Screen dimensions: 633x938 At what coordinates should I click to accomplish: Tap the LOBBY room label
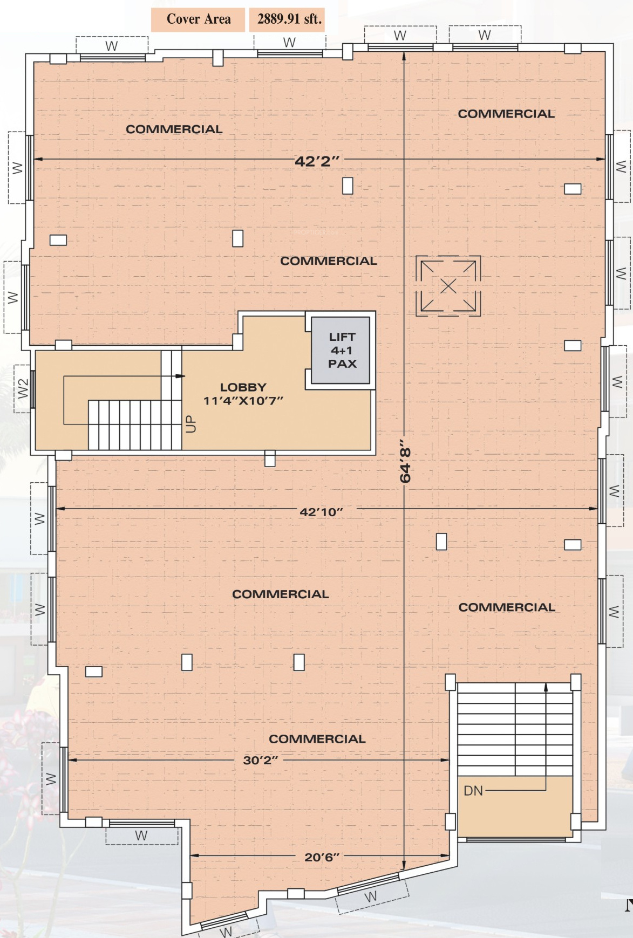(x=243, y=387)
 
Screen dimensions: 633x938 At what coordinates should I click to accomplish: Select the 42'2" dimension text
(x=317, y=161)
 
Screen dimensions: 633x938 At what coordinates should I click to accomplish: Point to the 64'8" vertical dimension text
(x=405, y=465)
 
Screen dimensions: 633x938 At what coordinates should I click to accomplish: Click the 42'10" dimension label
(x=322, y=512)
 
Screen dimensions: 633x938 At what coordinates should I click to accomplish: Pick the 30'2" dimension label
(x=261, y=760)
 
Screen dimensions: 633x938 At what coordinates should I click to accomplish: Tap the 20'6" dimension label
(x=322, y=857)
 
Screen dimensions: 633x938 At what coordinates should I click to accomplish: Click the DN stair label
(x=473, y=791)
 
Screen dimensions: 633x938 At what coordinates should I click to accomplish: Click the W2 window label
(x=23, y=388)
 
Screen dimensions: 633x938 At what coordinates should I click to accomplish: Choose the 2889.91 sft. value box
(x=289, y=19)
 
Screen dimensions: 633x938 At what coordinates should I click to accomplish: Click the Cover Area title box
(x=198, y=19)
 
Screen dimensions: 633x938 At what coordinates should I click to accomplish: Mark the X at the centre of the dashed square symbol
(x=448, y=286)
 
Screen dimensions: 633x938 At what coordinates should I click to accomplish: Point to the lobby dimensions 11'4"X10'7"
(x=243, y=401)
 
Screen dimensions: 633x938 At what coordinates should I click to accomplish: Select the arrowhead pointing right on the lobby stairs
(x=180, y=376)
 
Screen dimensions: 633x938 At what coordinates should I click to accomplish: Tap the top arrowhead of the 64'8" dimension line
(x=404, y=54)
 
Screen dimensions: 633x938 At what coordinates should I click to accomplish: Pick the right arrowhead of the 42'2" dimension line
(x=601, y=159)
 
